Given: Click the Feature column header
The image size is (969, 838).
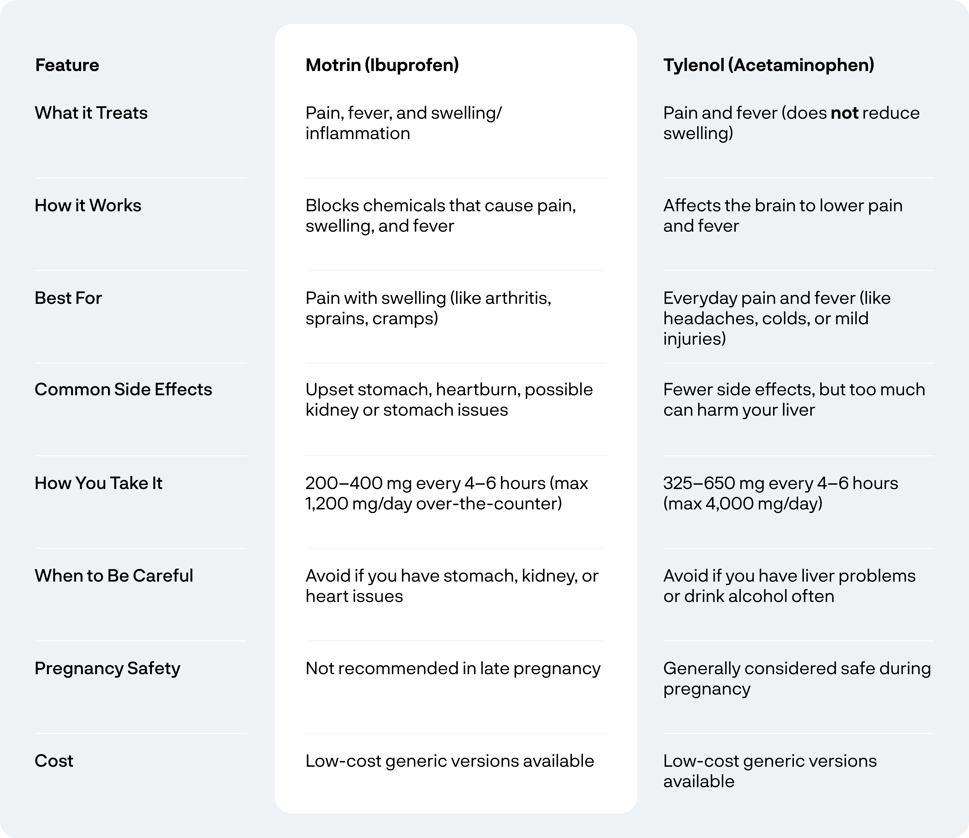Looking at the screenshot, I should (67, 65).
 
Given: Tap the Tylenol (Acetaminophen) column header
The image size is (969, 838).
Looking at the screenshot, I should (768, 65).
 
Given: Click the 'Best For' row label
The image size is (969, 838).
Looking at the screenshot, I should (68, 298).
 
